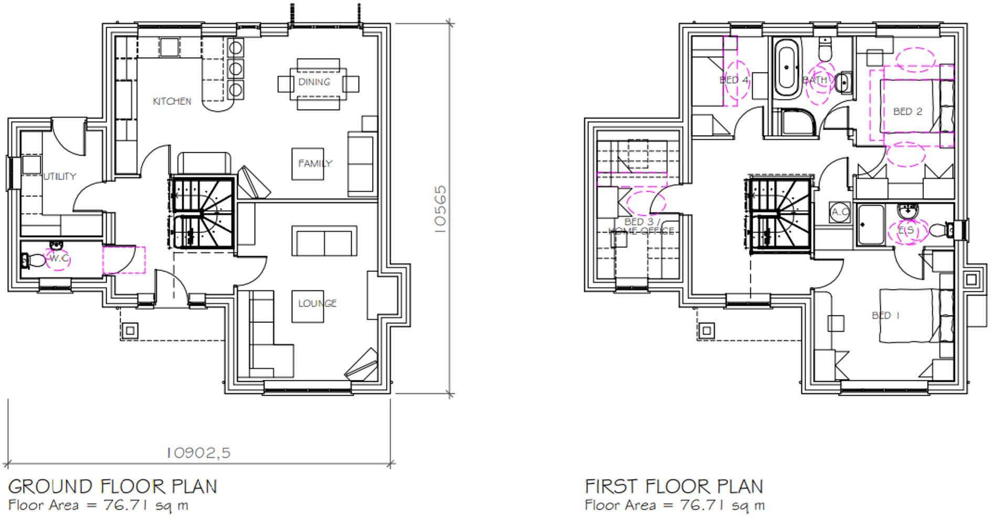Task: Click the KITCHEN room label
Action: coord(172,101)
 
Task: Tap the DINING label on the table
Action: coord(314,82)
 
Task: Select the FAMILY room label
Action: coord(315,164)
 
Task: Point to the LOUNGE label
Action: coord(317,304)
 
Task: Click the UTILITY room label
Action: coord(59,177)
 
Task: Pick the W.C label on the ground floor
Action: coord(59,258)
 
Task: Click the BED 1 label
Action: coord(885,316)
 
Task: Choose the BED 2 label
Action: coord(908,112)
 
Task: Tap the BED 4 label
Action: coord(734,80)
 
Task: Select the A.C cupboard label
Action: coord(840,212)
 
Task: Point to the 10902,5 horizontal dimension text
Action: coord(198,452)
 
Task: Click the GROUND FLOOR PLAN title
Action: coord(112,487)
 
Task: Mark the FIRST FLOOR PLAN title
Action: coord(674,487)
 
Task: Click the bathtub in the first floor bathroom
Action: coord(786,68)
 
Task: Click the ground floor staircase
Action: coord(202,212)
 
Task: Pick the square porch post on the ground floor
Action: coord(130,330)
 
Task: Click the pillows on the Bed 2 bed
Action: coord(946,106)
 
